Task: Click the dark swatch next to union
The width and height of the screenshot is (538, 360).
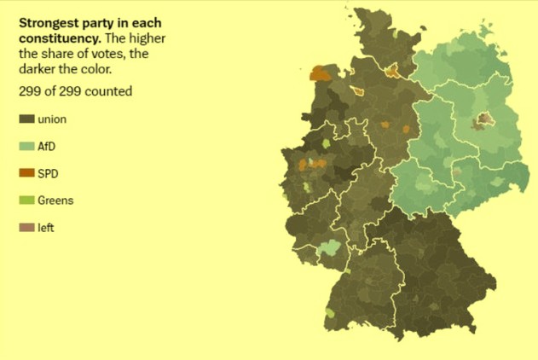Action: pos(26,119)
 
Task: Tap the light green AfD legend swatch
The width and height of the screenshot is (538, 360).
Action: pos(26,147)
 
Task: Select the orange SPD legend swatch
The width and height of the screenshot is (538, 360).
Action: pos(26,174)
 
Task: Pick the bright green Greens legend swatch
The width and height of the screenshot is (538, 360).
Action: pos(26,201)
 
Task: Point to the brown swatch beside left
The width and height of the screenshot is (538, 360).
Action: pos(26,229)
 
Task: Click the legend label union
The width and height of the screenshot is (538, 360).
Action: pos(52,119)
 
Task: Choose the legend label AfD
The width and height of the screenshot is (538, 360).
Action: pos(48,147)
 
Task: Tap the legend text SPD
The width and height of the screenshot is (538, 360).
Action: pos(49,174)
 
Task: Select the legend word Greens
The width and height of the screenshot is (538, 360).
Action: pos(55,201)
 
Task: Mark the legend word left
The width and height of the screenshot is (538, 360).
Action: pos(46,229)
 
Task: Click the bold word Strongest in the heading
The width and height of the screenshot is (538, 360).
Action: pos(48,24)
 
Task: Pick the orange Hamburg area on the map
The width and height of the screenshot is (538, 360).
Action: pos(393,71)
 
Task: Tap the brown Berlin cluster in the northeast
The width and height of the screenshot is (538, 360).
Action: pos(483,120)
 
